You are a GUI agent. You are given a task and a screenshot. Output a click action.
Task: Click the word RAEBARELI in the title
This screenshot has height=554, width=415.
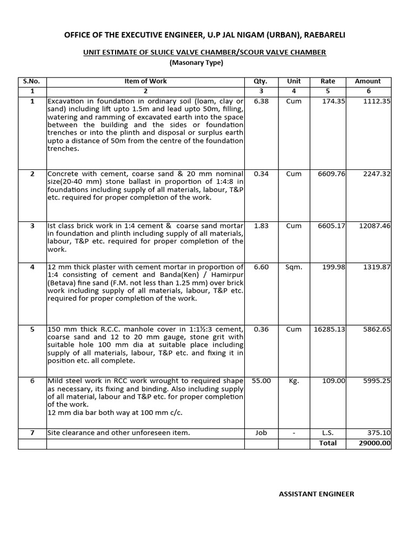click(324, 35)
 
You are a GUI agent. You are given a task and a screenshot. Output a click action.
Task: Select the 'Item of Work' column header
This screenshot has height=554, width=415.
click(145, 81)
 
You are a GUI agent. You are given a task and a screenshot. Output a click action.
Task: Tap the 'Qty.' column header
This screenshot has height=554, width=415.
click(260, 81)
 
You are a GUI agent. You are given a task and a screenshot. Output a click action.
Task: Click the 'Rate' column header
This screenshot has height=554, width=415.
click(327, 81)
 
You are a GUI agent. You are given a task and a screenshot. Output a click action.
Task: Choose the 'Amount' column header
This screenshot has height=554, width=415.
click(367, 81)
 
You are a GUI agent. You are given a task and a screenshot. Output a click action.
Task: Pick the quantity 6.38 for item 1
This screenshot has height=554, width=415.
click(260, 101)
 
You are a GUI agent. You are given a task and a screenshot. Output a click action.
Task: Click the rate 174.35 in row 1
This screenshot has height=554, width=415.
click(333, 101)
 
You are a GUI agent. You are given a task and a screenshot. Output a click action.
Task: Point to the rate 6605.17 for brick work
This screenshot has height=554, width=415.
click(330, 225)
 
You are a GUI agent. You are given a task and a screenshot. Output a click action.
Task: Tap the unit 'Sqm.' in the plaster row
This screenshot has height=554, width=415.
click(294, 267)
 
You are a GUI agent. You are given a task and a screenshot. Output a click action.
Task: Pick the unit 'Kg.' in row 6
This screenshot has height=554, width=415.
click(294, 381)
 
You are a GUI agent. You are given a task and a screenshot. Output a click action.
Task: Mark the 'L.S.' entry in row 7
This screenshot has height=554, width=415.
click(327, 433)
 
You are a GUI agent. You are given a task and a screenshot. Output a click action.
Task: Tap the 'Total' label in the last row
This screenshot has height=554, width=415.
click(327, 443)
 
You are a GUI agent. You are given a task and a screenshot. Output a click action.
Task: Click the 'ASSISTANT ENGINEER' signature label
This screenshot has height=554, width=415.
click(316, 494)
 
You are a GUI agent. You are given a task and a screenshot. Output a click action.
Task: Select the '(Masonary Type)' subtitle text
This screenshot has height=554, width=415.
click(196, 63)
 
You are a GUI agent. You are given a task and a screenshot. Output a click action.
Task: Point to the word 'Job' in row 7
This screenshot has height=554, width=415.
click(260, 433)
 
